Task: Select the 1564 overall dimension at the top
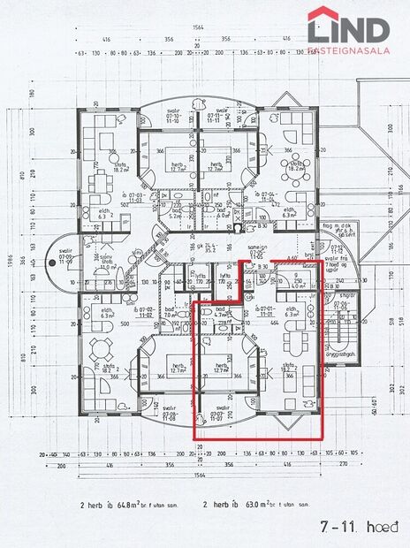pos(199,28)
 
